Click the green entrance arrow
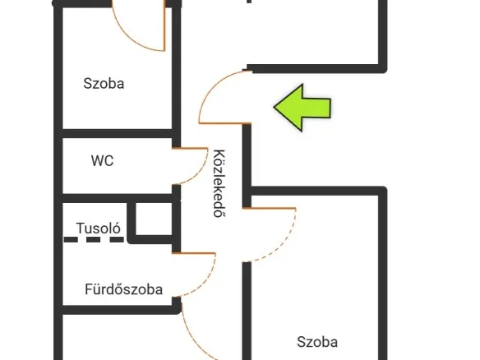click(302, 108)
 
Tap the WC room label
click(102, 161)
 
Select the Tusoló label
click(99, 228)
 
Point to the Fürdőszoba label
click(123, 289)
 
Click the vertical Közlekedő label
click(219, 183)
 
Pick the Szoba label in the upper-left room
click(104, 84)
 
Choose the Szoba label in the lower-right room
click(317, 342)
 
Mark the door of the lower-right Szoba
click(288, 242)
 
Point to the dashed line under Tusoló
click(94, 239)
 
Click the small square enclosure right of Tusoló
click(154, 219)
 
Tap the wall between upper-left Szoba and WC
click(118, 133)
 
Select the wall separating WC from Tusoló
click(118, 198)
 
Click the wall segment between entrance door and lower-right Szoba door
click(247, 165)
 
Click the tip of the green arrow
click(274, 108)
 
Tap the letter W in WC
click(97, 161)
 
